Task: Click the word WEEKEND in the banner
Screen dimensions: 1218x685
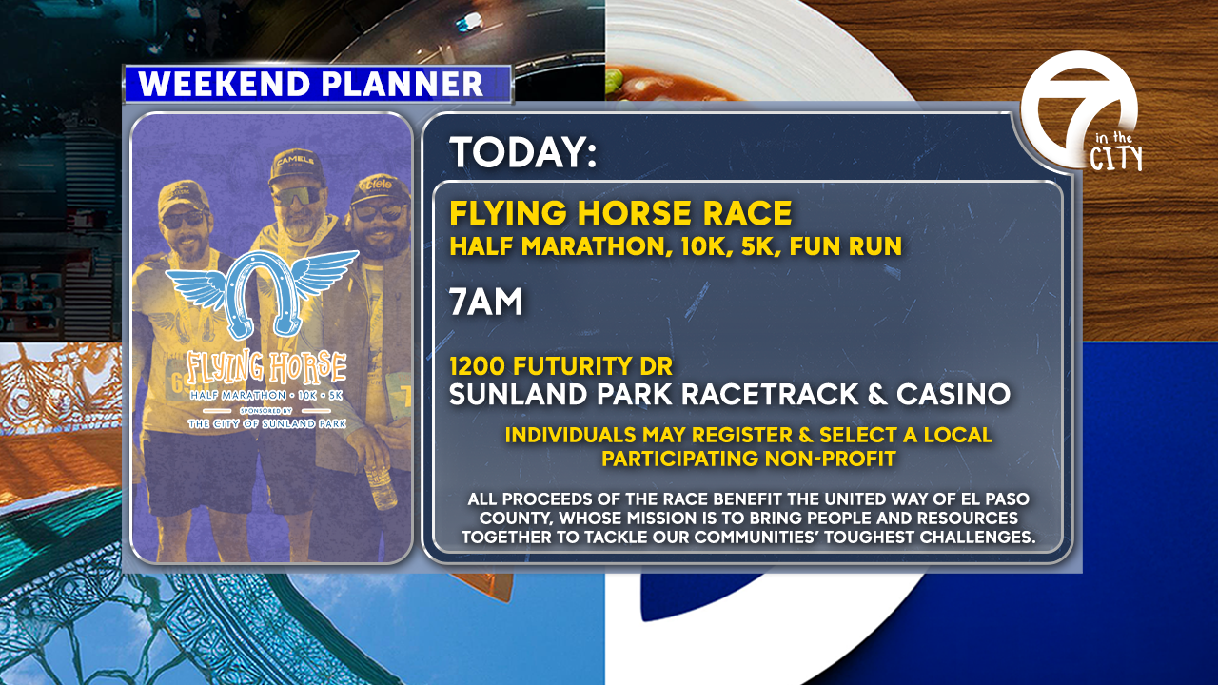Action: (x=224, y=84)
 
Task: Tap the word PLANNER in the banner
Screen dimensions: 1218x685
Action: (x=402, y=84)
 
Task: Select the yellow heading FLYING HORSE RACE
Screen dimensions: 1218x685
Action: (x=620, y=212)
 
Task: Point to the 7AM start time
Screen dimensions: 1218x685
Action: (x=485, y=302)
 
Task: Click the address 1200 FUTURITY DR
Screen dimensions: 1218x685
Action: (x=561, y=366)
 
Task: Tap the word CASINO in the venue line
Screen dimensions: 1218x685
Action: (x=953, y=394)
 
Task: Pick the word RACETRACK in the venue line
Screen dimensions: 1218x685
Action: (x=770, y=394)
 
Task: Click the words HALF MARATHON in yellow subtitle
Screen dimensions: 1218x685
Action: (x=558, y=246)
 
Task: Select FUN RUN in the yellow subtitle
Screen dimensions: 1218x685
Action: (x=846, y=246)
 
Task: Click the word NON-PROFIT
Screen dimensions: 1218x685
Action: (x=831, y=459)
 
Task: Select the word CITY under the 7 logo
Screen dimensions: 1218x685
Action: (x=1116, y=159)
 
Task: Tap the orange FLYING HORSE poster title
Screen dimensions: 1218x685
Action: (x=265, y=366)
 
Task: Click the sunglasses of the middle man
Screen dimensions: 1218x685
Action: (x=298, y=195)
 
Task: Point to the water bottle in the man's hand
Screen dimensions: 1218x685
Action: (x=381, y=485)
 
